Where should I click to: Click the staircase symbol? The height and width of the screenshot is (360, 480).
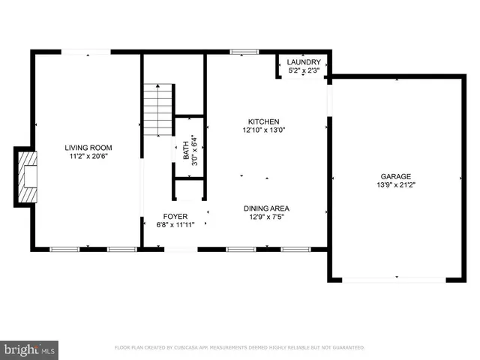pos(158,109)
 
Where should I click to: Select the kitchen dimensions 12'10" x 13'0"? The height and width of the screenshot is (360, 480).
pos(264,130)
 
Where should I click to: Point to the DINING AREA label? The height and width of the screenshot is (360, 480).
pos(266,208)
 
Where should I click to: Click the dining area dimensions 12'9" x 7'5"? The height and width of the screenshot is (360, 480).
pos(266,217)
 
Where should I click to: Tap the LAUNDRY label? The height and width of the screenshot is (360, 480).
pos(304,62)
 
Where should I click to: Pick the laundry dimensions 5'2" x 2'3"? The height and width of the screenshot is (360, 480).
pos(304,70)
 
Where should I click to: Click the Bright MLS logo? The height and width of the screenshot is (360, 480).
pos(29,349)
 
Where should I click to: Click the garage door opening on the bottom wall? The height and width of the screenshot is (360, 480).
pos(394,280)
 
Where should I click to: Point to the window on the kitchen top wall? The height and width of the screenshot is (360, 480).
pos(241,52)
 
